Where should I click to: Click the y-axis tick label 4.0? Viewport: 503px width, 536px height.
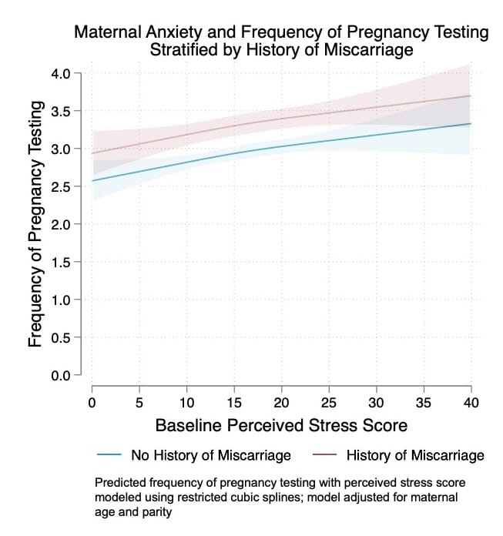61,74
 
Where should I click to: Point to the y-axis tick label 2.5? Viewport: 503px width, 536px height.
61,187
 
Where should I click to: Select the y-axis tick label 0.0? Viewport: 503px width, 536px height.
61,376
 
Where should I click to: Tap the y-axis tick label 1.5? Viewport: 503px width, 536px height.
61,263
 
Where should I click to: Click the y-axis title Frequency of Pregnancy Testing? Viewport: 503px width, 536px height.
35,224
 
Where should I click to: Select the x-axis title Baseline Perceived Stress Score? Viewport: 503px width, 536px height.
281,425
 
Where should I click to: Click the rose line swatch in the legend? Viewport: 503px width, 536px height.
321,455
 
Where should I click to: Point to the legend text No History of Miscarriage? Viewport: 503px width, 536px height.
211,455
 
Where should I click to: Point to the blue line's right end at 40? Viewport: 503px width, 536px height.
471,124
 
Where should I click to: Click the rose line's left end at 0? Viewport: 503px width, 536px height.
92,153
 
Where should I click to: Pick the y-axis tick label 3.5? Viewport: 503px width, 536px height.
61,112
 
